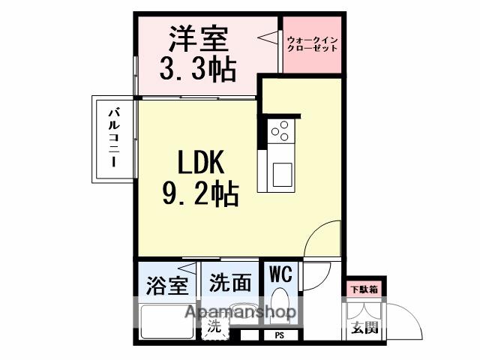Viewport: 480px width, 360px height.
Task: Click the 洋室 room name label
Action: tap(199, 37)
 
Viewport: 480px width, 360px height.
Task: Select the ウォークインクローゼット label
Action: tap(312, 43)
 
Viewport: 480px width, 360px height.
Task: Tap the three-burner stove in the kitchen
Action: tap(280, 132)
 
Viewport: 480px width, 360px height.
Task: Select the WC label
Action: tap(280, 272)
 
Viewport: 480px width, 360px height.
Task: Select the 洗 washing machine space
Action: tap(214, 326)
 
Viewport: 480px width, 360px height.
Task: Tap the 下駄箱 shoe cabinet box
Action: tap(364, 288)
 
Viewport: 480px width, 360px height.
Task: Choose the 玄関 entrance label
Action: tap(363, 327)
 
